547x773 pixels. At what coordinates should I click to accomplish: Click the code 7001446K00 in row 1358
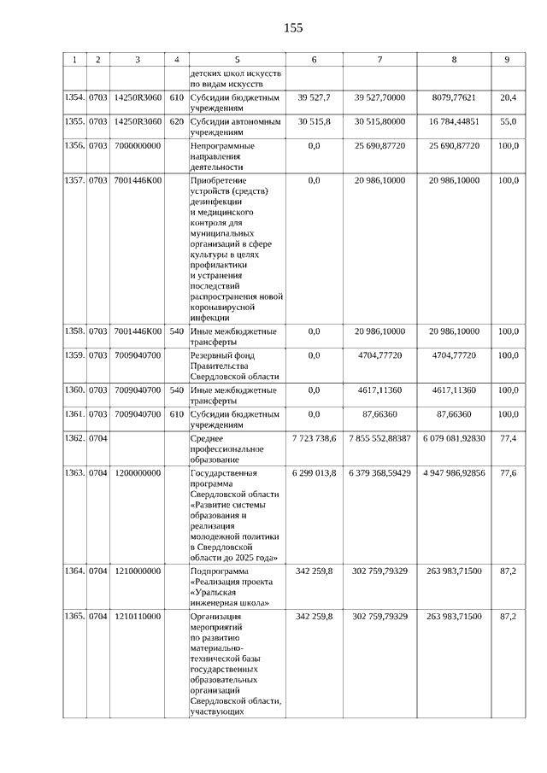(138, 331)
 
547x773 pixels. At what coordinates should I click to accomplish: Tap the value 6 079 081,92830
(454, 438)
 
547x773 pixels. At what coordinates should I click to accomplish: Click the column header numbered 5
(236, 60)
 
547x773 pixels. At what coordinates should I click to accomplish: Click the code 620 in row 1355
(177, 122)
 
